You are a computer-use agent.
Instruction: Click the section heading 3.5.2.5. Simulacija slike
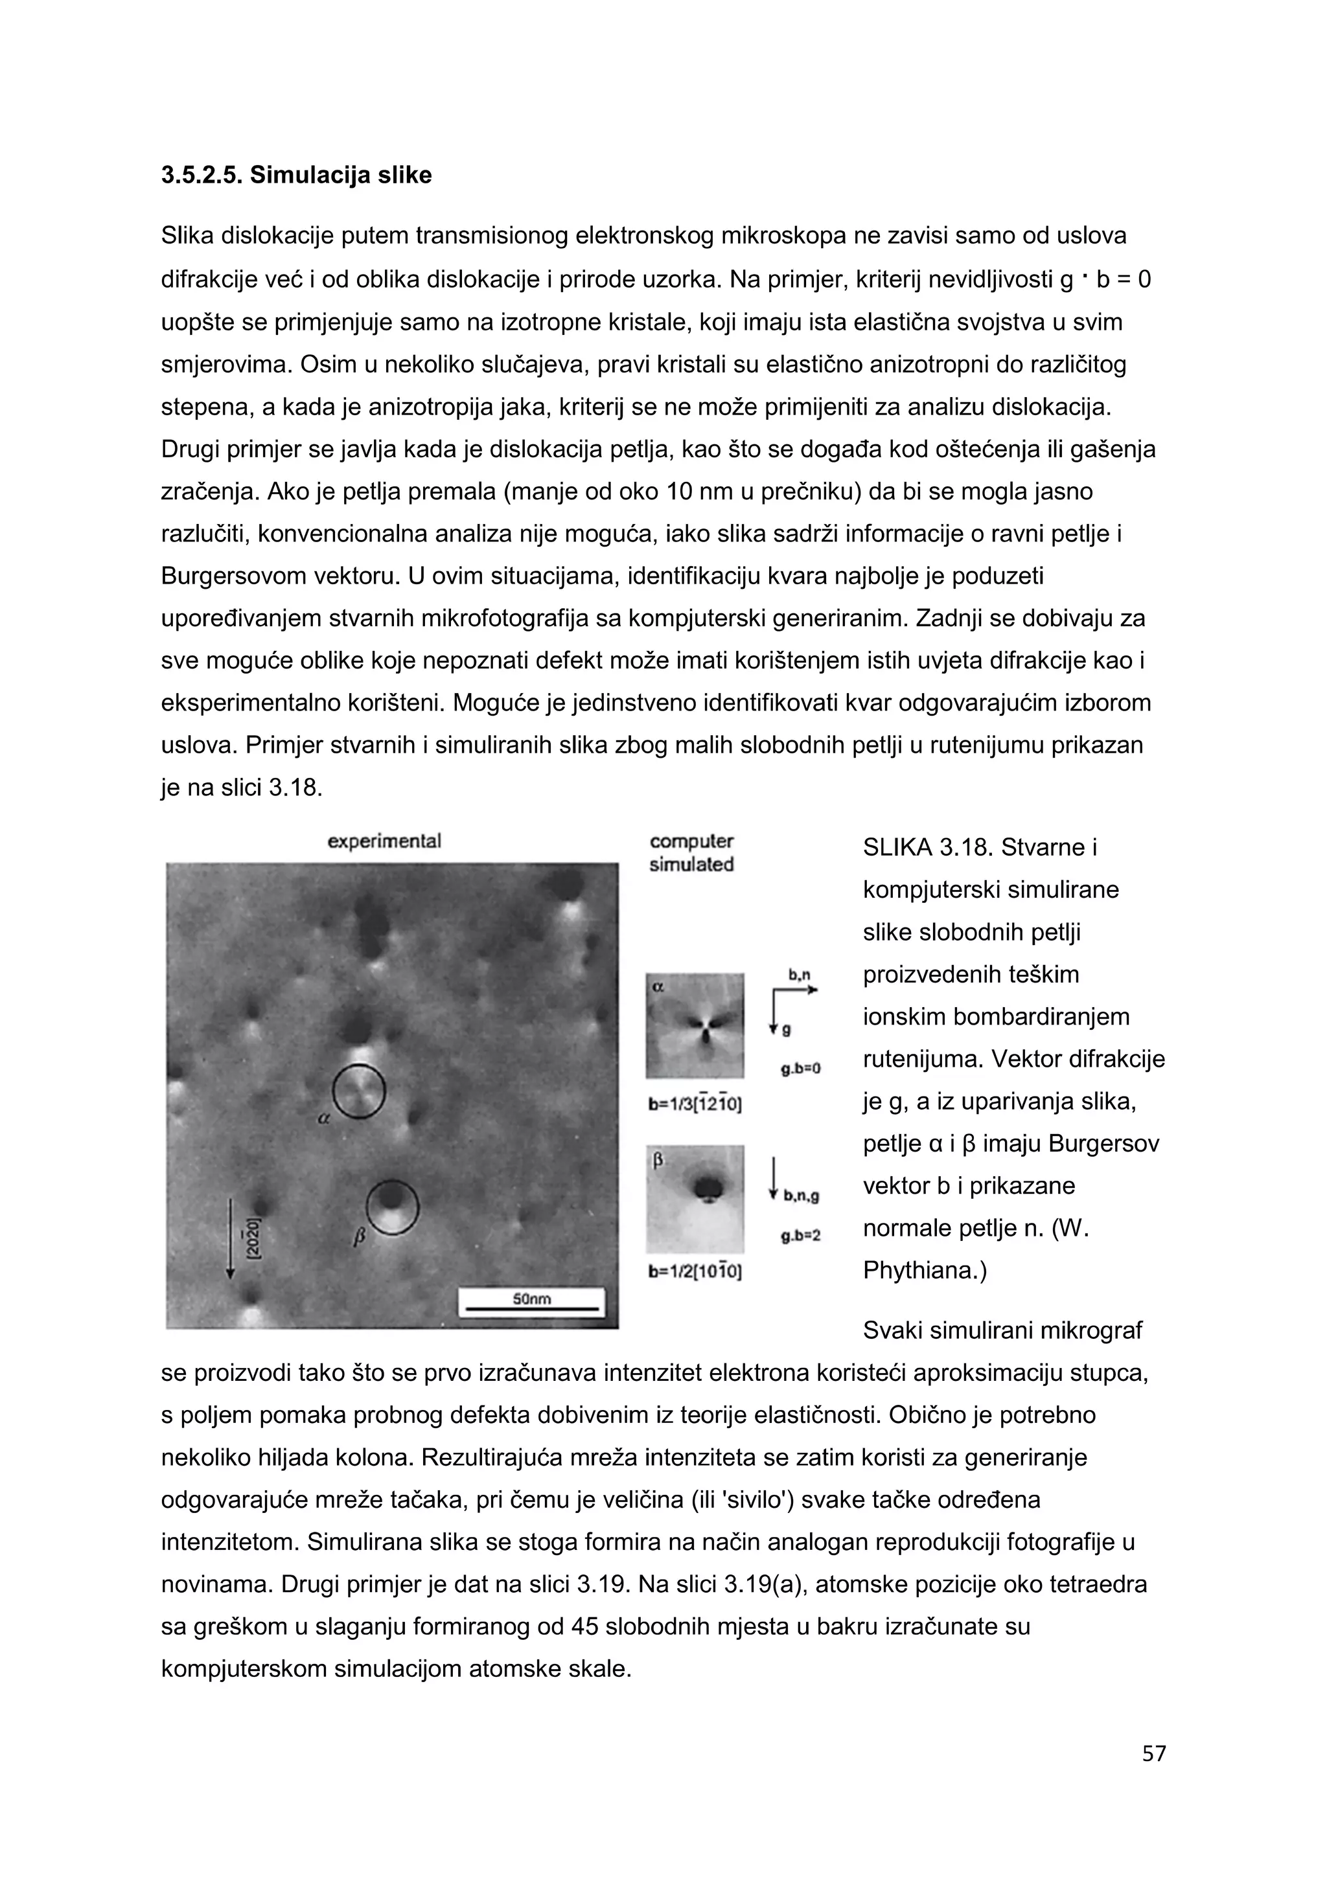[x=296, y=175]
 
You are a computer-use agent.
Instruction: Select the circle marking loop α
[x=359, y=1091]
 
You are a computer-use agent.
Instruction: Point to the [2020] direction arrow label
[x=253, y=1238]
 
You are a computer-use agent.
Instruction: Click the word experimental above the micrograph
[x=384, y=841]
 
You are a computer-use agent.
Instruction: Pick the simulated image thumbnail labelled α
[x=695, y=1025]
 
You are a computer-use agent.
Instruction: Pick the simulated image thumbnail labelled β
[x=695, y=1198]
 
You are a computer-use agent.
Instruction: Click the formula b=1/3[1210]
[x=695, y=1104]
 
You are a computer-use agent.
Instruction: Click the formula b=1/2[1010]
[x=695, y=1272]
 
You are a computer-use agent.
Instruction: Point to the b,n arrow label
[x=799, y=975]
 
